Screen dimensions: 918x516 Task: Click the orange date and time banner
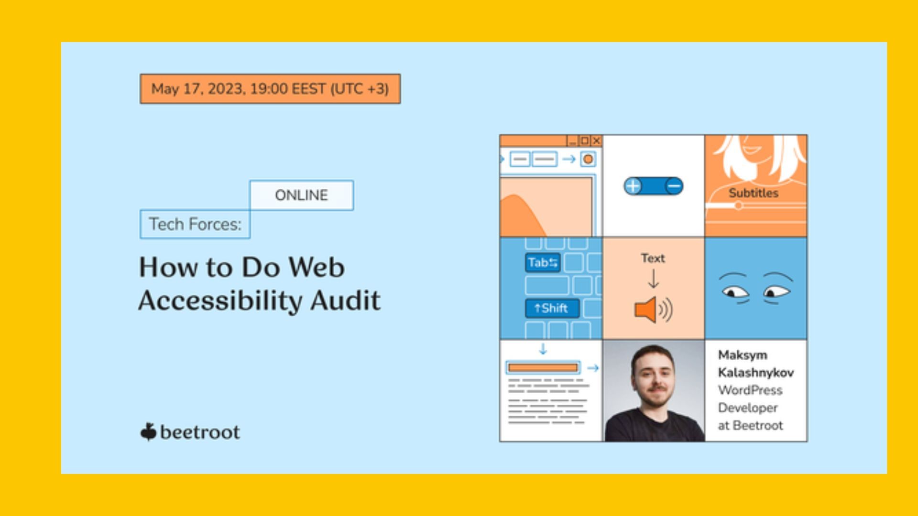click(x=270, y=89)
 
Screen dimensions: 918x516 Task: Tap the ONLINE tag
click(x=302, y=195)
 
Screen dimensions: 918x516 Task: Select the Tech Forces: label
click(x=195, y=224)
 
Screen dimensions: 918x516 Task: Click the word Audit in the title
click(x=346, y=301)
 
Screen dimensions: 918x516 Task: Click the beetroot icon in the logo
click(x=148, y=432)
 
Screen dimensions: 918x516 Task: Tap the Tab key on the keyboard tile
click(x=543, y=262)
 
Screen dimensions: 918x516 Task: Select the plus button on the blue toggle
click(x=633, y=186)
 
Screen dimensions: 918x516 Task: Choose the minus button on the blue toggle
click(x=674, y=186)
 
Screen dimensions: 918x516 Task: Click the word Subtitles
click(x=754, y=193)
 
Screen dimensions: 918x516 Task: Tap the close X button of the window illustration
click(x=596, y=140)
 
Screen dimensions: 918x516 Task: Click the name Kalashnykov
click(x=756, y=373)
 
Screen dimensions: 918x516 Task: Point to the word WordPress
click(x=750, y=390)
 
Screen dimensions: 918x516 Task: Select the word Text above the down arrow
click(x=653, y=258)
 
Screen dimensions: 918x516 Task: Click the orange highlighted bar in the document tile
click(x=543, y=367)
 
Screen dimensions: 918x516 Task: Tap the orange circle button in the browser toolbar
click(x=588, y=159)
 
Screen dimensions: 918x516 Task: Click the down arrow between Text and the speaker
click(x=653, y=279)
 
